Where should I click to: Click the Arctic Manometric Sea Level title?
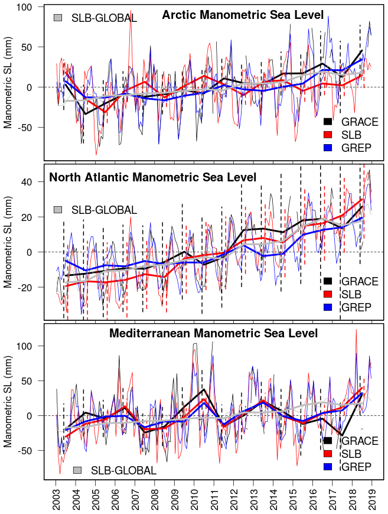pyautogui.click(x=243, y=14)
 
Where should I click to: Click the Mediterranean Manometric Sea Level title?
pyautogui.click(x=213, y=334)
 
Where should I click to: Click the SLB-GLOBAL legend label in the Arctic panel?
pyautogui.click(x=104, y=18)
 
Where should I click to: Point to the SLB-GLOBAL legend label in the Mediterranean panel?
pyautogui.click(x=123, y=470)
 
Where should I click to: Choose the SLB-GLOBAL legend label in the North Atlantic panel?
pyautogui.click(x=104, y=210)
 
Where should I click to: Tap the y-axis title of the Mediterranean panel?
pyautogui.click(x=8, y=401)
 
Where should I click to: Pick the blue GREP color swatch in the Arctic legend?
pyautogui.click(x=330, y=147)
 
